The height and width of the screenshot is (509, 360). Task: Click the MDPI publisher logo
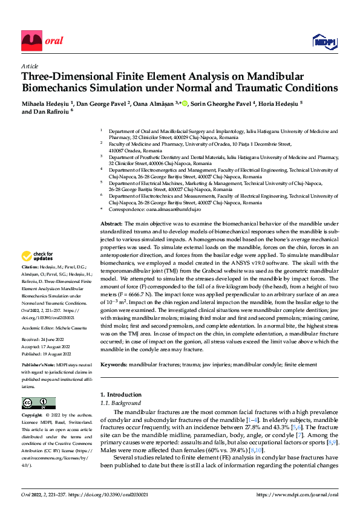pyautogui.click(x=324, y=41)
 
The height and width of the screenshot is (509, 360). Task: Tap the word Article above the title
pyautogui.click(x=30, y=66)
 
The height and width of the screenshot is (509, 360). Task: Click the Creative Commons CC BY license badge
pyautogui.click(x=38, y=403)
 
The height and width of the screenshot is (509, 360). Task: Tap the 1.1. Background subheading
pyautogui.click(x=121, y=403)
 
